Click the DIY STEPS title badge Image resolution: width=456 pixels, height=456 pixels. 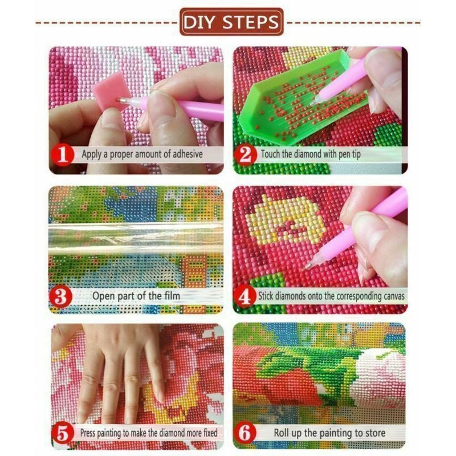pos(231,22)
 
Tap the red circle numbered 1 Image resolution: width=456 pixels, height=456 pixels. pos(63,154)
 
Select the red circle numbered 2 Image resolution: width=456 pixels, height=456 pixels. pos(246,154)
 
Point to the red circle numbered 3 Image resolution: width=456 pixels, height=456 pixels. pos(61,297)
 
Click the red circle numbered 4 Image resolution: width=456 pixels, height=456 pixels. pos(245,297)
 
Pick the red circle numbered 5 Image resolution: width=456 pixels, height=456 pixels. pos(62,434)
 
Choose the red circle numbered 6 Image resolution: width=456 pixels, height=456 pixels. pos(245,433)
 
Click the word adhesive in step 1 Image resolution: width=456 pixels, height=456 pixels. pos(188,154)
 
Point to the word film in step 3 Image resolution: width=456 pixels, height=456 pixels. pos(172,296)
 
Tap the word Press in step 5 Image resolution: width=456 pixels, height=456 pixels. pos(88,433)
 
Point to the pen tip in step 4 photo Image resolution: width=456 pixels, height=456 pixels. pos(307,266)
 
